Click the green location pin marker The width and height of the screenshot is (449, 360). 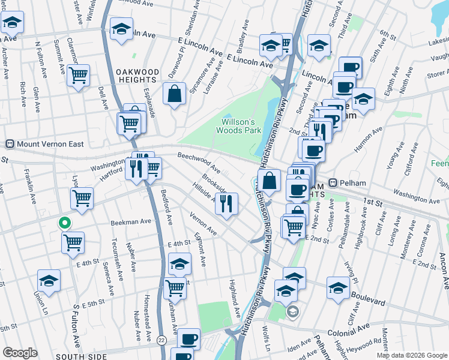pyautogui.click(x=64, y=223)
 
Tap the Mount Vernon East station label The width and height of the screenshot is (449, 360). pyautogui.click(x=46, y=144)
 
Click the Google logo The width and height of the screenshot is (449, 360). pyautogui.click(x=20, y=353)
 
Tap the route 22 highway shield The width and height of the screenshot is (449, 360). pyautogui.click(x=161, y=340)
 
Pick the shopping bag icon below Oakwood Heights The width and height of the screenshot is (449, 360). pyautogui.click(x=174, y=94)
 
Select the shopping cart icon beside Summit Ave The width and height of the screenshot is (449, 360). pyautogui.click(x=78, y=76)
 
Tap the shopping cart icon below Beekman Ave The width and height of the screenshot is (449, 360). pyautogui.click(x=73, y=242)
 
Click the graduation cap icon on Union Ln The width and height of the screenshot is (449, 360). pyautogui.click(x=49, y=281)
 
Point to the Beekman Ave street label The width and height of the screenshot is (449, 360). pyautogui.click(x=131, y=221)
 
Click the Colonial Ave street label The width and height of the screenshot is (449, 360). pyautogui.click(x=348, y=329)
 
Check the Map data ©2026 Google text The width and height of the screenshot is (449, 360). pyautogui.click(x=411, y=355)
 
